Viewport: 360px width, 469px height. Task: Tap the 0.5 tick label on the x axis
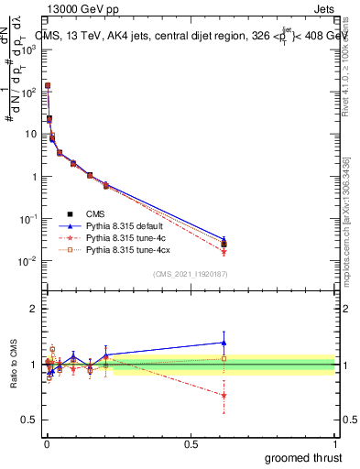[191, 442]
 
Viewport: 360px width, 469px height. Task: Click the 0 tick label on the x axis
[47, 442]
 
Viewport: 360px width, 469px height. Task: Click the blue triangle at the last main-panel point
[224, 239]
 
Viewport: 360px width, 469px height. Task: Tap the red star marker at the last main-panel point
[224, 251]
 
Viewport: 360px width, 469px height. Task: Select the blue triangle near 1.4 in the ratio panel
[224, 343]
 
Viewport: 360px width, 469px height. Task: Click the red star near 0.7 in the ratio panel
[224, 395]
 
